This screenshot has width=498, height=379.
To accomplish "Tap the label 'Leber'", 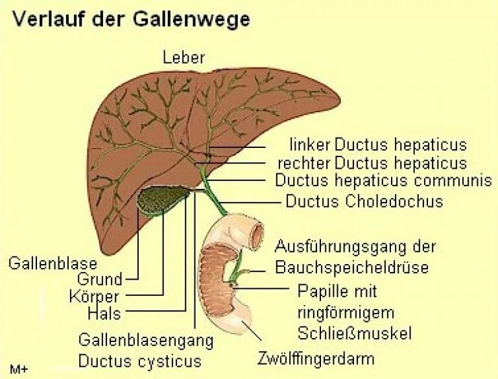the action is (184, 58).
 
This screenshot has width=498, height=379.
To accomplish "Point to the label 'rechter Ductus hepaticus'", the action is (372, 162).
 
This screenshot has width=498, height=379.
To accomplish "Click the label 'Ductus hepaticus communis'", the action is (383, 180).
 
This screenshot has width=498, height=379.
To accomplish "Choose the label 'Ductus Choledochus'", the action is (364, 201).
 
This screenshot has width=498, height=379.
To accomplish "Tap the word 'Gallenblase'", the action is (53, 263).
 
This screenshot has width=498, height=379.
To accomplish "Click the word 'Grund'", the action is (100, 280).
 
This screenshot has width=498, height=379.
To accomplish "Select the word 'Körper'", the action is (94, 297).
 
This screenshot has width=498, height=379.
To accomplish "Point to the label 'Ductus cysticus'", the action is (139, 360).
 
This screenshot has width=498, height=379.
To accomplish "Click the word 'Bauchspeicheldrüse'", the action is (352, 267).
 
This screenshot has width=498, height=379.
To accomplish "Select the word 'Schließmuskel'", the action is (354, 333).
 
